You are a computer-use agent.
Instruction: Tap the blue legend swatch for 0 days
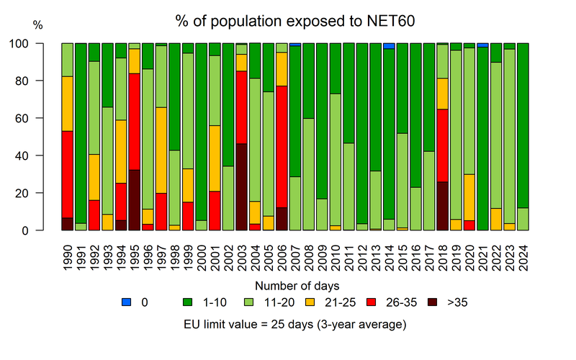[x=127, y=302]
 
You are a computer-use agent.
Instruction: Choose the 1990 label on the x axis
[x=68, y=256]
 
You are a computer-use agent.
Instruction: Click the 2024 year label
[x=523, y=256]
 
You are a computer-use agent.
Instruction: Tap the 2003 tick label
[x=242, y=256]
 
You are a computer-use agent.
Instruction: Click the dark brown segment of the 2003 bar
[x=242, y=187]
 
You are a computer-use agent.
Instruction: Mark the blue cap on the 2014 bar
[x=389, y=46]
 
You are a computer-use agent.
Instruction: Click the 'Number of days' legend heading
[x=288, y=286]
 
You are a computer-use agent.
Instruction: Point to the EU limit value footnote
[x=295, y=325]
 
